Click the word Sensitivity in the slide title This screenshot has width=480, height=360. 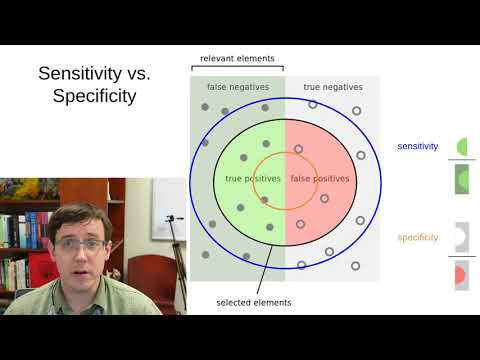coord(78,73)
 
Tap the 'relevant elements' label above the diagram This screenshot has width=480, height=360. coord(237,59)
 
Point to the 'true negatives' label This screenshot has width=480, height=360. coord(332,88)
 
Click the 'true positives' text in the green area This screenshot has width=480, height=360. coord(247,178)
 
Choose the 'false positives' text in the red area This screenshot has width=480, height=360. coord(320,178)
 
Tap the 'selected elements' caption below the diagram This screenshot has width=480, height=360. coord(254,302)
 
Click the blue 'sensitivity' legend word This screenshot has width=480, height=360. coord(418,147)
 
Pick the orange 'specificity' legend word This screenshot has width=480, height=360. coord(418,237)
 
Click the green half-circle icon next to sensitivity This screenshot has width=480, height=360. coord(463,147)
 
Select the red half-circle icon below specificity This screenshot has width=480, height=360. coord(462,273)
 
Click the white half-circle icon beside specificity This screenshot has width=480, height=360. coord(462,237)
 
